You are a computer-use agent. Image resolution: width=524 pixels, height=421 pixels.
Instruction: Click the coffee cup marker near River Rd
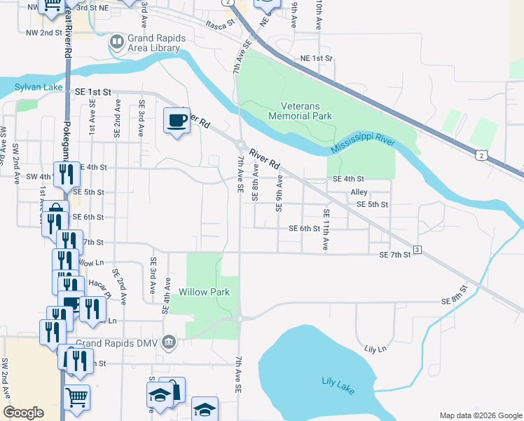pos(177,121)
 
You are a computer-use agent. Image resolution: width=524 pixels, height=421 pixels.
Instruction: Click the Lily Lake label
pos(336,381)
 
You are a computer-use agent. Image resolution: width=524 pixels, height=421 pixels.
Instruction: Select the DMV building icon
pos(168,342)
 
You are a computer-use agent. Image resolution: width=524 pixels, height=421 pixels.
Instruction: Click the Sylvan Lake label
pos(38,88)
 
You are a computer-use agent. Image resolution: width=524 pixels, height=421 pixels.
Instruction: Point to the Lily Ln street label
pos(375,349)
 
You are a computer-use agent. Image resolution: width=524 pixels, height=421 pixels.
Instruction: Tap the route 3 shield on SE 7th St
pos(417,250)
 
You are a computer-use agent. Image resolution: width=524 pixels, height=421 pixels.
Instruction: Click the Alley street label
pos(359,192)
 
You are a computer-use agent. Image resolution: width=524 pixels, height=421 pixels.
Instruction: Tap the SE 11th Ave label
pos(326,230)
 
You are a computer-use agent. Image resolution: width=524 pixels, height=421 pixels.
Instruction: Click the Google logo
pos(25,413)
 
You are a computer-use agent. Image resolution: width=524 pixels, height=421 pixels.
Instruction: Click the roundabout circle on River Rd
pos(240,145)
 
